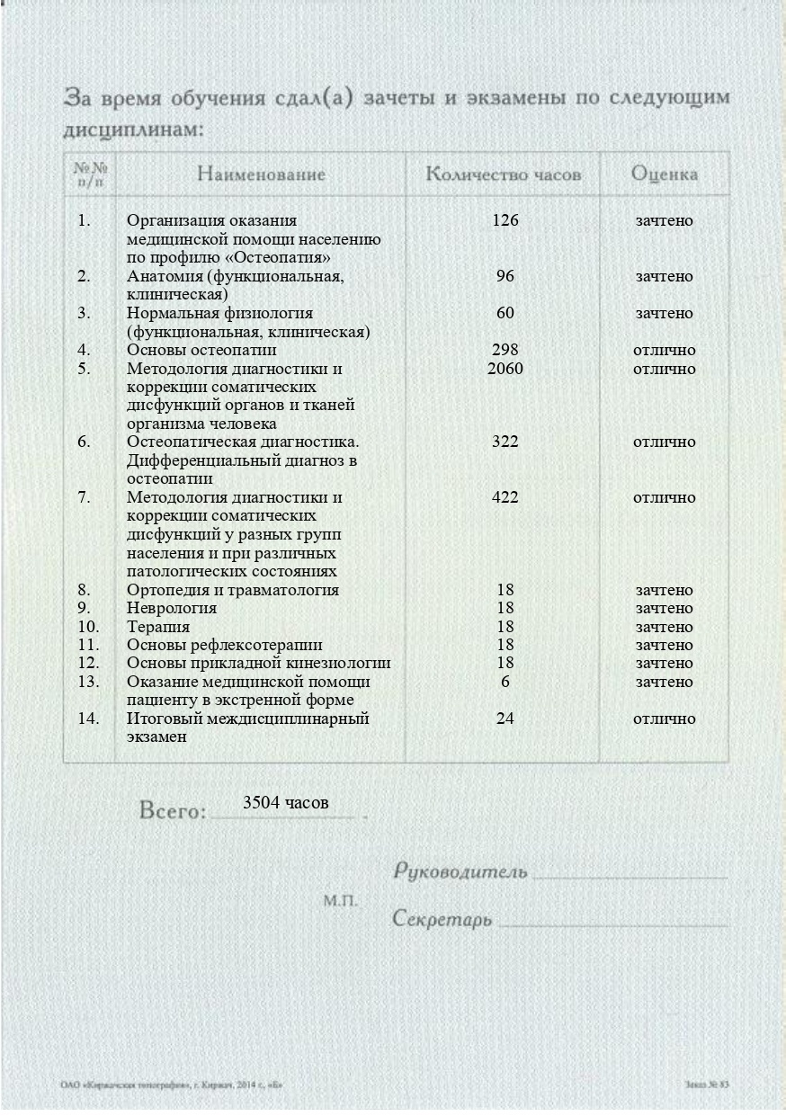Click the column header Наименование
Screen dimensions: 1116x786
pos(261,174)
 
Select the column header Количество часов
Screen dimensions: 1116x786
pos(503,174)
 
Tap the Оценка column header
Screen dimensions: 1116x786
pos(664,174)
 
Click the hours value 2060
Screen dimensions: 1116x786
pos(505,369)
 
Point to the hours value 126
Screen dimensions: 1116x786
pos(505,220)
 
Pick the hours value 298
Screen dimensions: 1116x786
pos(505,350)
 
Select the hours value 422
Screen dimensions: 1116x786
pos(505,497)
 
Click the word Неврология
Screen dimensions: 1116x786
pos(172,609)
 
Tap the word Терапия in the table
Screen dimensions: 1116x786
pos(158,627)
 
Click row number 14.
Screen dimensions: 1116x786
pos(88,719)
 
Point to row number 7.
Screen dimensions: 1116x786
pos(84,497)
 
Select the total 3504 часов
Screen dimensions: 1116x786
pos(286,802)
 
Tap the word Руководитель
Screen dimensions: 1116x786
pos(460,871)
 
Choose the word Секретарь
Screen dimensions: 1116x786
pos(442,920)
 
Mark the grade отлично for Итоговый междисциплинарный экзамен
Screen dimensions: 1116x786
pos(664,719)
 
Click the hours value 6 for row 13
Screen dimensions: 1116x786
pos(505,682)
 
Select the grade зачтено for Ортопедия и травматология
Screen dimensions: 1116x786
pos(664,590)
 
